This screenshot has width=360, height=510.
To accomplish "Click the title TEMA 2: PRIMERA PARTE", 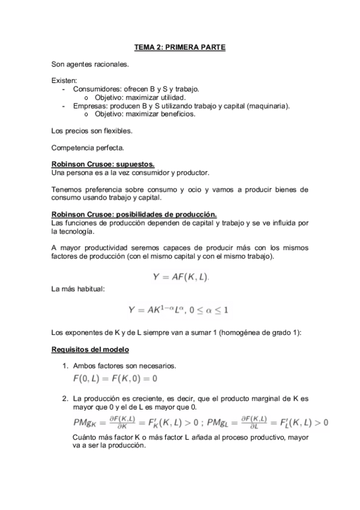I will pos(180,47).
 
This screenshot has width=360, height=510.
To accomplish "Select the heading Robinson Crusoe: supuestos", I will pos(103,164).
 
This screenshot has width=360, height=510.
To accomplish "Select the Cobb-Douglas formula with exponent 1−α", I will pos(178,310).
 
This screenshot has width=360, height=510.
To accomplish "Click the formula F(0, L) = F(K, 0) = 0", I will pos(115,379).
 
